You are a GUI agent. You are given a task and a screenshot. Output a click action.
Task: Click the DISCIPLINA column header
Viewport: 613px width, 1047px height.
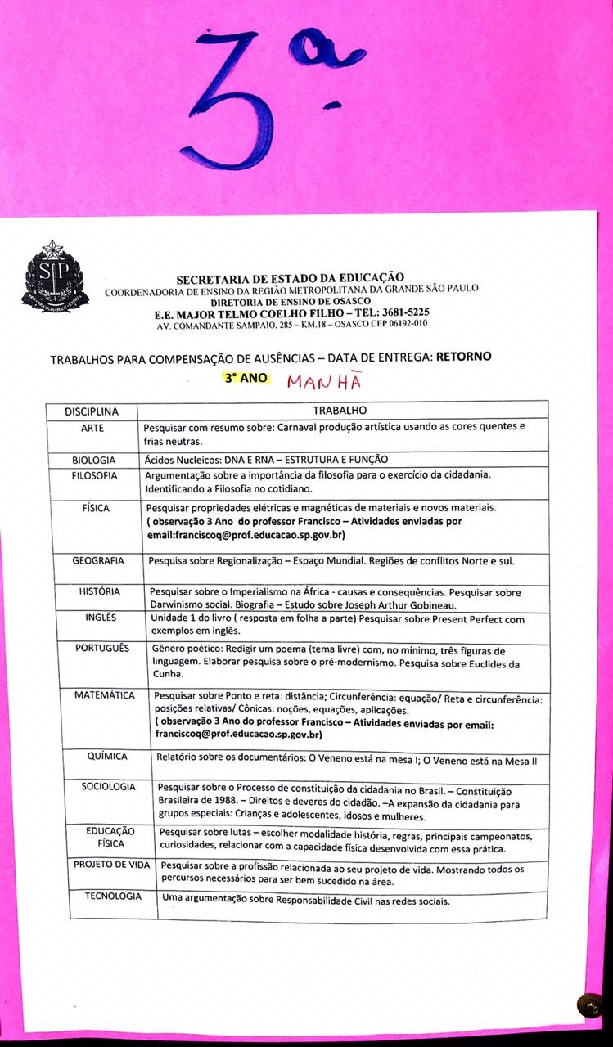click(92, 411)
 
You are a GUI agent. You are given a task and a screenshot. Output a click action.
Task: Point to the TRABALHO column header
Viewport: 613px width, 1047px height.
click(340, 411)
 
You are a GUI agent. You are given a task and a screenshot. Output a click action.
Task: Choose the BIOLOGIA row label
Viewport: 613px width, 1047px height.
click(94, 460)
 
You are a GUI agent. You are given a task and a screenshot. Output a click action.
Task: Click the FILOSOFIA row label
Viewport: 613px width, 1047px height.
click(94, 475)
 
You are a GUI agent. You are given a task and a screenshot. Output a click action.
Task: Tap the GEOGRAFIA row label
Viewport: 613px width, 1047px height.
click(98, 561)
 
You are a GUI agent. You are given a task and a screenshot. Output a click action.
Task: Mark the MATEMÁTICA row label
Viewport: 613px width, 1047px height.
click(105, 695)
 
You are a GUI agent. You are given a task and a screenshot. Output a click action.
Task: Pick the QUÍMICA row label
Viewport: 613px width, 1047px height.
click(107, 757)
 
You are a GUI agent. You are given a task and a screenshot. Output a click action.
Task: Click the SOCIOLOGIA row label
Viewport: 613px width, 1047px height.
click(109, 787)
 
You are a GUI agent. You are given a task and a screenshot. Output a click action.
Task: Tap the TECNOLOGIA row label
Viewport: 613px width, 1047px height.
click(113, 896)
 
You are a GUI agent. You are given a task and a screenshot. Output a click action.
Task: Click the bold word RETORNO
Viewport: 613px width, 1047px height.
click(464, 357)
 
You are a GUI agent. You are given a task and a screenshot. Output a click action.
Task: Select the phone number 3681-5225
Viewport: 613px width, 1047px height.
click(400, 312)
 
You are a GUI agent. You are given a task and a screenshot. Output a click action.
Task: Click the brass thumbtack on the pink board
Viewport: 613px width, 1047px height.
click(588, 1004)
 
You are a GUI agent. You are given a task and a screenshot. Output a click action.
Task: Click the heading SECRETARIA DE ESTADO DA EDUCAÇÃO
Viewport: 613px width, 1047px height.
click(290, 278)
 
